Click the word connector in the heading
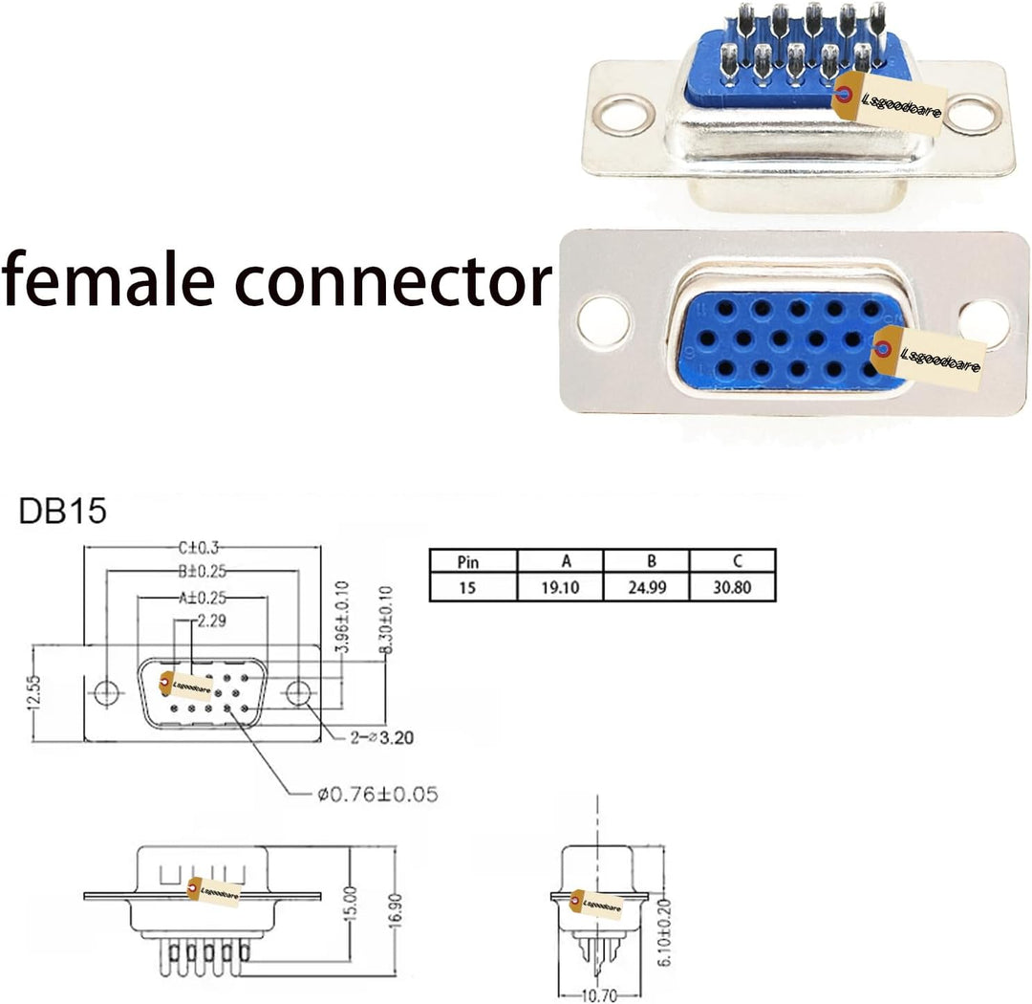pyautogui.click(x=393, y=280)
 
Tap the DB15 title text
pyautogui.click(x=63, y=513)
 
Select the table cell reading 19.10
pyautogui.click(x=560, y=587)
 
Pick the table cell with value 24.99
pyautogui.click(x=646, y=587)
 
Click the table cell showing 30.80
pyautogui.click(x=732, y=587)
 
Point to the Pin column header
pyautogui.click(x=469, y=561)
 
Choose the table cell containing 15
pyautogui.click(x=467, y=587)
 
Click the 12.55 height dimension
pyautogui.click(x=33, y=693)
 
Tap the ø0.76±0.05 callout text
pyautogui.click(x=377, y=794)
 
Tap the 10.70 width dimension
pyautogui.click(x=599, y=996)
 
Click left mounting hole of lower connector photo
pyautogui.click(x=604, y=320)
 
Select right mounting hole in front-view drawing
pyautogui.click(x=299, y=692)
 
